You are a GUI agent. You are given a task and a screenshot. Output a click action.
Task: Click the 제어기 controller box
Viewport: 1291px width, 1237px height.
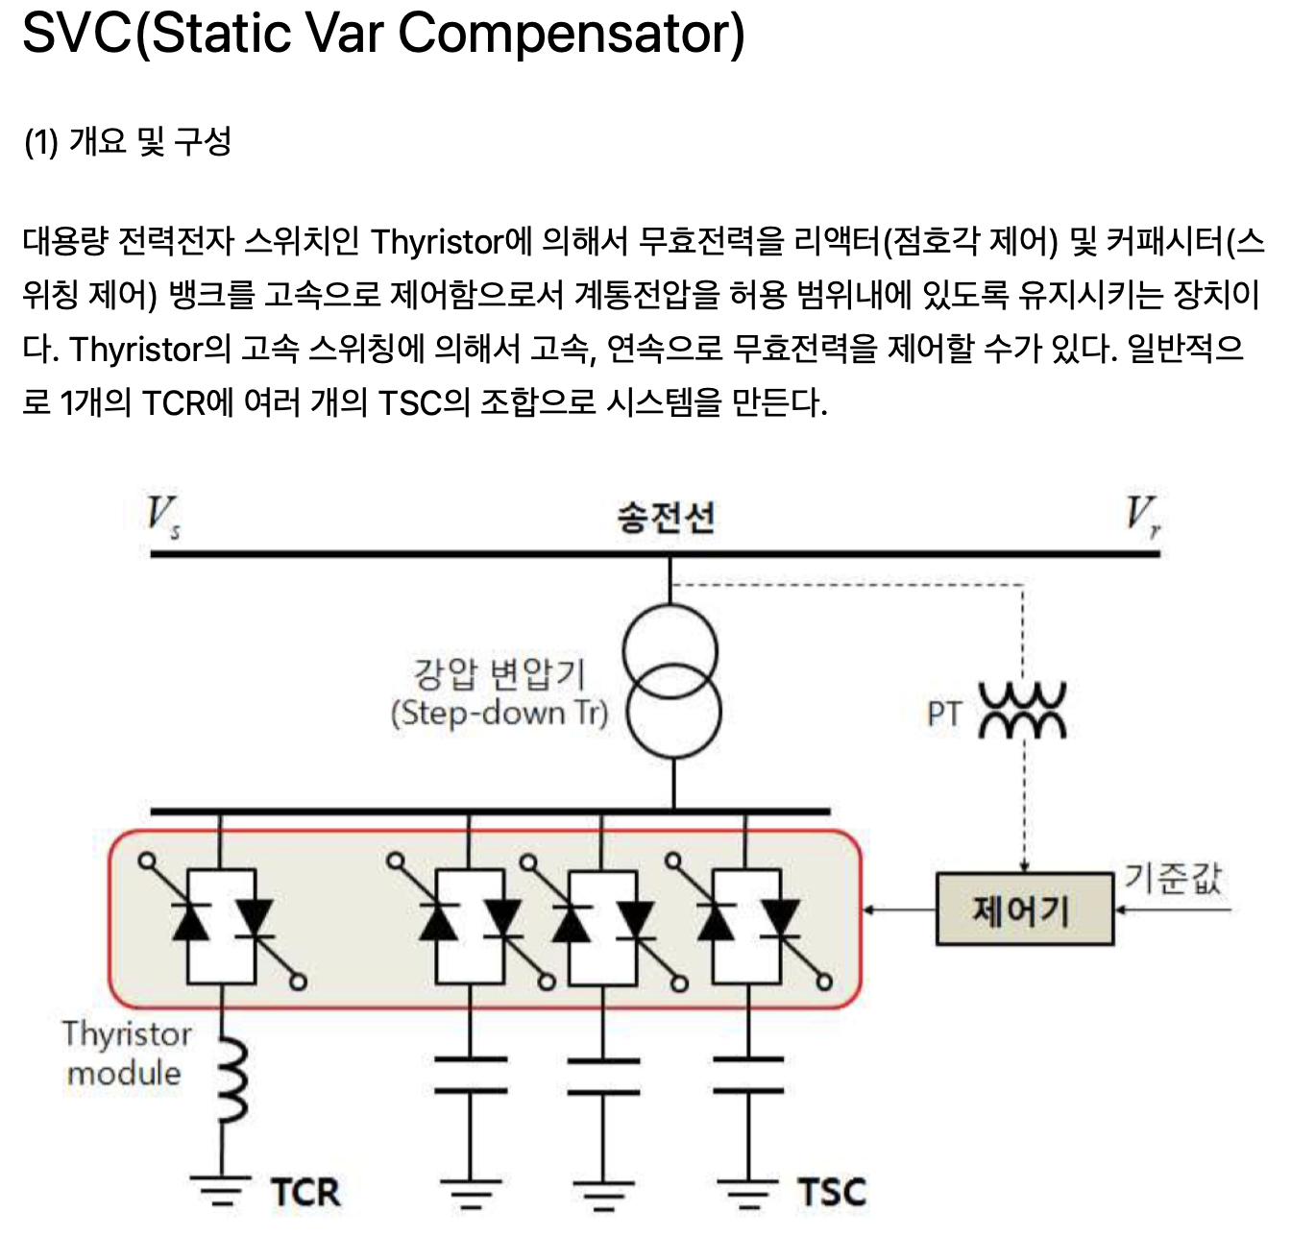1024,910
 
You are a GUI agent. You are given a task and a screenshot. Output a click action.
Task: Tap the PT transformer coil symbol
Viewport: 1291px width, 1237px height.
1022,712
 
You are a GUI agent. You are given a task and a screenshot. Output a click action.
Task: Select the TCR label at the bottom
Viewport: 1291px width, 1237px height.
305,1192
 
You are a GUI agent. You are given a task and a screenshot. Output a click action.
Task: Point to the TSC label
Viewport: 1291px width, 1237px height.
832,1192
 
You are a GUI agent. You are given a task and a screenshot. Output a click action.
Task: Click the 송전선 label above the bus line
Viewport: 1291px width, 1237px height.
666,518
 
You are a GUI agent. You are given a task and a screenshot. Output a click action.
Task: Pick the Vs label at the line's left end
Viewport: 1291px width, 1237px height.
162,518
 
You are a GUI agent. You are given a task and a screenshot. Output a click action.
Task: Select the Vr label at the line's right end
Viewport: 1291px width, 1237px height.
1142,518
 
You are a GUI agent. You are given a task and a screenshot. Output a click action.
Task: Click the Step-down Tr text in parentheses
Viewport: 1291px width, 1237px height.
499,714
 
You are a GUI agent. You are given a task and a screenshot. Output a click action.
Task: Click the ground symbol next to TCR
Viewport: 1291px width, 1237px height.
222,1191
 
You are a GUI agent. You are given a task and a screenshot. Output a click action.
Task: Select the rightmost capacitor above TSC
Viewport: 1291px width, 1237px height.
749,1075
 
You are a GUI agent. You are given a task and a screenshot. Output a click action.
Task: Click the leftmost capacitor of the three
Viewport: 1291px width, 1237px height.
471,1075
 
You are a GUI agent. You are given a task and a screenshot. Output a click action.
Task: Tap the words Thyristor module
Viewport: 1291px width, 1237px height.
126,1054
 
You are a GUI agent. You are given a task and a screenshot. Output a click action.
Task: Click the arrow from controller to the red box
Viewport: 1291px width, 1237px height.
899,910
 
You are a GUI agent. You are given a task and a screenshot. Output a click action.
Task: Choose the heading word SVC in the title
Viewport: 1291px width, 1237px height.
76,34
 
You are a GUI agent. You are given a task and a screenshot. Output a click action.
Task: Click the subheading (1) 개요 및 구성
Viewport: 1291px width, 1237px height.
128,142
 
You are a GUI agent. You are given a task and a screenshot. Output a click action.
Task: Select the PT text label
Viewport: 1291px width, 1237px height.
944,714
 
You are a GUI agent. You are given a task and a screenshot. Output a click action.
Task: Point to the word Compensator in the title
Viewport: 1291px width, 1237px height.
572,34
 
